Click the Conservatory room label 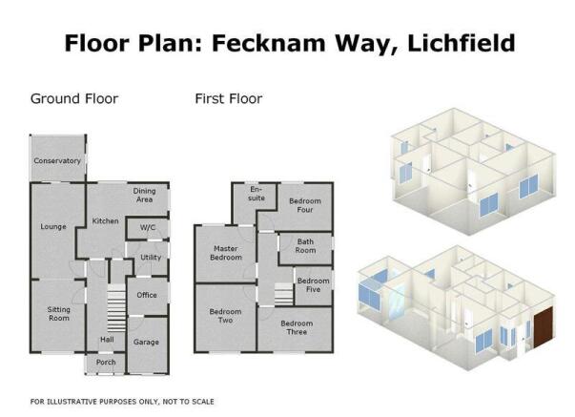(57, 160)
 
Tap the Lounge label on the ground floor (53, 227)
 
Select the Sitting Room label (59, 314)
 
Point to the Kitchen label (105, 221)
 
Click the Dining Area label (144, 196)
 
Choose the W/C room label (148, 228)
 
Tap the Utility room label (151, 258)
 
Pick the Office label (147, 295)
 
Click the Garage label (146, 343)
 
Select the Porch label (106, 363)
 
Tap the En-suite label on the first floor (257, 194)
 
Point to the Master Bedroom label (226, 253)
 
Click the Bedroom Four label (305, 205)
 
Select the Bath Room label (305, 246)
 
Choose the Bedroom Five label (313, 285)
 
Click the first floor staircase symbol (284, 294)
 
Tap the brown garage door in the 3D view (544, 327)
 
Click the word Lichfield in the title (462, 43)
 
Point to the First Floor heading (229, 98)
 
